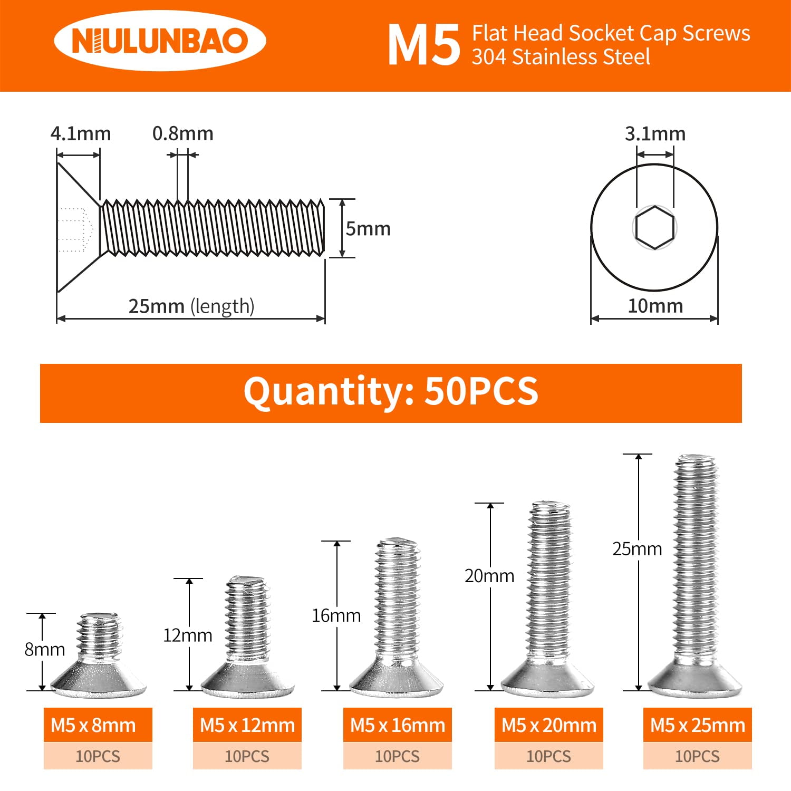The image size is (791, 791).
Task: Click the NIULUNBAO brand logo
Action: (x=160, y=41)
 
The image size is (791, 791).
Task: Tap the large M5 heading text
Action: (x=424, y=46)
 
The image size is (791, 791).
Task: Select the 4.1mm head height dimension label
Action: (x=81, y=134)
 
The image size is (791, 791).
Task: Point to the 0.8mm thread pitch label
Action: (x=182, y=134)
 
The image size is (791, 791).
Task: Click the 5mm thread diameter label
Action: (x=368, y=229)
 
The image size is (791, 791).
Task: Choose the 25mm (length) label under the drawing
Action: (x=191, y=306)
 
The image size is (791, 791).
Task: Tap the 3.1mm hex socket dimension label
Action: (x=655, y=134)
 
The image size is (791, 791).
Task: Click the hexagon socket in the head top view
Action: (x=654, y=227)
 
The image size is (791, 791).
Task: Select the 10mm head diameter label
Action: (x=655, y=306)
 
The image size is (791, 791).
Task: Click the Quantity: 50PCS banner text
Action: (x=391, y=392)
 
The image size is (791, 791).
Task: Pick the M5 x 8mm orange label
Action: (x=98, y=725)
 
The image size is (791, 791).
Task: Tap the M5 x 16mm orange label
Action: (x=398, y=725)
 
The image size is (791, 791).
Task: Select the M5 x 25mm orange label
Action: (x=697, y=725)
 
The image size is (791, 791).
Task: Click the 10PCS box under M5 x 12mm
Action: (x=247, y=756)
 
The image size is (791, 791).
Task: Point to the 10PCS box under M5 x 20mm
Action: (x=548, y=756)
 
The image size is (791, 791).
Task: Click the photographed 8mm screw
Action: (x=99, y=657)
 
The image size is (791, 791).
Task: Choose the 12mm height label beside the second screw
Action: (x=188, y=635)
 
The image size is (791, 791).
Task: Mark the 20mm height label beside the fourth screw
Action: (x=489, y=576)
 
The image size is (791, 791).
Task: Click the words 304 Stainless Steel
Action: (x=561, y=57)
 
